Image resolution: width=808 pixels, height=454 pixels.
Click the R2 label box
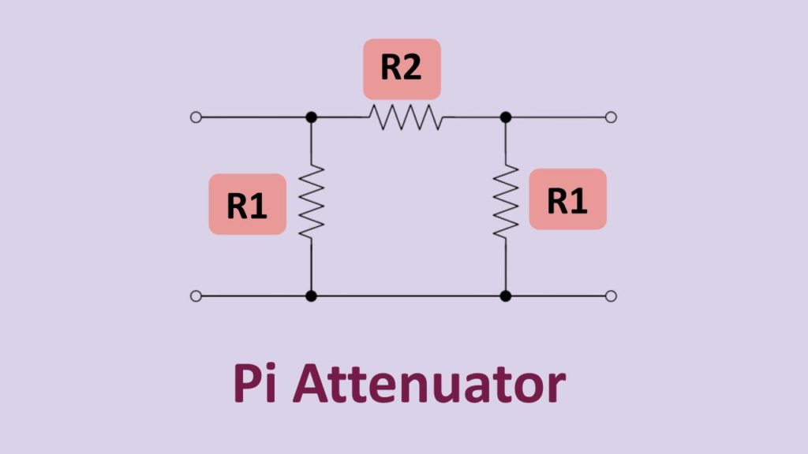(x=401, y=69)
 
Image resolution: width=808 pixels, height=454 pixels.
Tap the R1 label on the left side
(x=247, y=204)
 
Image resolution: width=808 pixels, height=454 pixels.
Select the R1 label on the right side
(x=567, y=199)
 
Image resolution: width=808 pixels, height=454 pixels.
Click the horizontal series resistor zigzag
(x=405, y=117)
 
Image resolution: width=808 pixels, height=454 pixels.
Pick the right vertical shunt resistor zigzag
(x=506, y=201)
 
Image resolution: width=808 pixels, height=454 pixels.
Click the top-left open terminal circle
(x=196, y=117)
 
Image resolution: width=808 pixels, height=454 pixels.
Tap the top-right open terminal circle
(x=610, y=117)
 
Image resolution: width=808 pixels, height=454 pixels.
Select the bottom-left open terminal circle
(x=196, y=296)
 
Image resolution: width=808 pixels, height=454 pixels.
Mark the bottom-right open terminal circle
(x=610, y=296)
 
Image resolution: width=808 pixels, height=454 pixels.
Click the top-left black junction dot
(x=312, y=117)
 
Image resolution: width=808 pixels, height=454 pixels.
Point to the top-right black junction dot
(x=506, y=117)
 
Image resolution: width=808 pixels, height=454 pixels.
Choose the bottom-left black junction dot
(x=312, y=296)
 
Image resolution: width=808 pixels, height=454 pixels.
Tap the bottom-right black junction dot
(x=506, y=296)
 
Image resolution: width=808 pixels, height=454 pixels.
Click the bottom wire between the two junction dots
(x=409, y=296)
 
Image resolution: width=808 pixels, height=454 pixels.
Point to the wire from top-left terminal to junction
(x=254, y=117)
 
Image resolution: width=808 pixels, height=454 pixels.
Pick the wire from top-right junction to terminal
(x=558, y=117)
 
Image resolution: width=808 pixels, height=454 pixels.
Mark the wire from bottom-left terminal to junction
(x=254, y=296)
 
